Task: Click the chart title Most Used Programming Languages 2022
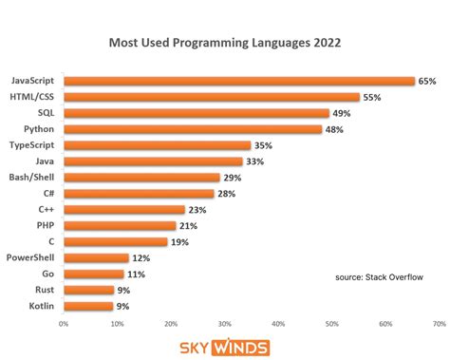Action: tap(224, 44)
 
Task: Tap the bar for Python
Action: tap(193, 129)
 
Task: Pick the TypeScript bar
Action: tap(158, 145)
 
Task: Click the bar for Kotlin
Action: tap(87, 306)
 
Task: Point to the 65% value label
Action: tap(427, 81)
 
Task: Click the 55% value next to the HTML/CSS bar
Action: tap(373, 97)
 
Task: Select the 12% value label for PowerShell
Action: tap(141, 257)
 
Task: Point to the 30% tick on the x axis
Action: tap(224, 323)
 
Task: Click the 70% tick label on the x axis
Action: tap(439, 323)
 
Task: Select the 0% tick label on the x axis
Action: tap(64, 323)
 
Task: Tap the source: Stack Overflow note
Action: tap(381, 277)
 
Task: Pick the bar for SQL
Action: tap(196, 113)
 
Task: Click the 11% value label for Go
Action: tap(137, 274)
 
